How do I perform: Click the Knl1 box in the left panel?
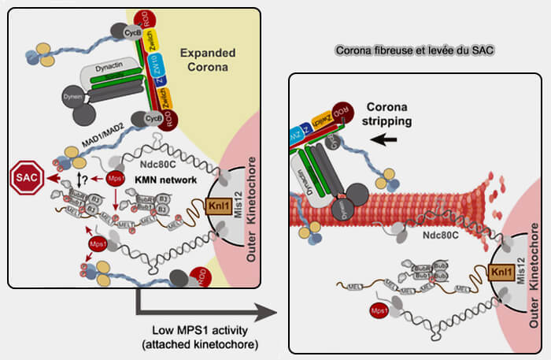click(220, 208)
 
